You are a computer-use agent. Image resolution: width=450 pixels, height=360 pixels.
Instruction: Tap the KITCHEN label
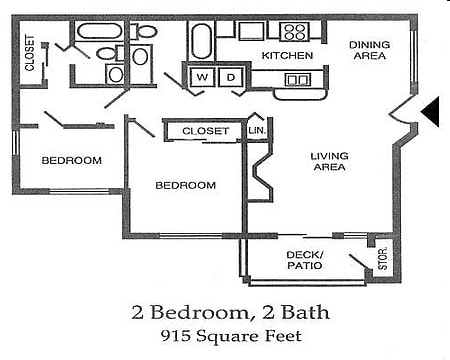[287, 55]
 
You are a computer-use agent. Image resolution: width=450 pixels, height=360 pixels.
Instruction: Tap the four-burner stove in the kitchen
[293, 30]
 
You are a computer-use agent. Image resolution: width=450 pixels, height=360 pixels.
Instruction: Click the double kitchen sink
[297, 80]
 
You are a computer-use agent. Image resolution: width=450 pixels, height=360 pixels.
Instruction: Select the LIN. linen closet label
[256, 130]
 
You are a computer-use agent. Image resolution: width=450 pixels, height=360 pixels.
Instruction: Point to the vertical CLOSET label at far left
[30, 55]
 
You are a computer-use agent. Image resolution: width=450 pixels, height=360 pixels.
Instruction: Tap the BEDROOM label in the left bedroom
[71, 160]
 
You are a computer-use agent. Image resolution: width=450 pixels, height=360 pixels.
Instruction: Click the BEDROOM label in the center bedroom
[186, 185]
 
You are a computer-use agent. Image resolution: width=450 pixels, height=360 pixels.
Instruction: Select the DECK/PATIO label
[303, 261]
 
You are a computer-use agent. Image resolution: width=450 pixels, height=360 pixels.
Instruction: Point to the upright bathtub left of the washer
[201, 43]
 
